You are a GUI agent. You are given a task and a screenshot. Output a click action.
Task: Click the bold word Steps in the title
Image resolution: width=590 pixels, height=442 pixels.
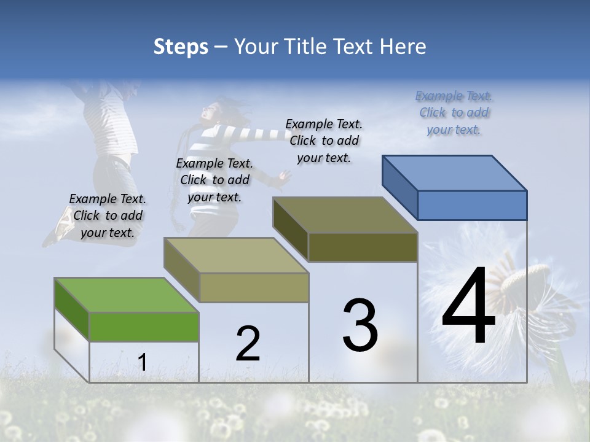coord(181,47)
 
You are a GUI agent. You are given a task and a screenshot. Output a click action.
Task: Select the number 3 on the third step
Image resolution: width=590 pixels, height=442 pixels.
coord(360,325)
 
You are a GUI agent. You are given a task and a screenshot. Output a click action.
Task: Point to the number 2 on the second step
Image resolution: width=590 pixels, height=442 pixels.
coord(248,344)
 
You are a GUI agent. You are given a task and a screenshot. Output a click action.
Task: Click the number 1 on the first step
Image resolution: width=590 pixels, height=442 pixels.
coord(142,362)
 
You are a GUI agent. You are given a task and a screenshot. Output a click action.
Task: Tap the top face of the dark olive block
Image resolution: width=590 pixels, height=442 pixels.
coord(345,215)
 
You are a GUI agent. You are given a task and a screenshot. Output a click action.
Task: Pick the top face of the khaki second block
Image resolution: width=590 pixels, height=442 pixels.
coord(236,255)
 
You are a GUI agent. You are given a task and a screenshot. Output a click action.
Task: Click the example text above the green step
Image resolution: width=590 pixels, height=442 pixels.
coord(108,215)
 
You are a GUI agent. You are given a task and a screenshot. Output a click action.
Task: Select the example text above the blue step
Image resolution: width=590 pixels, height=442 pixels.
coord(454,112)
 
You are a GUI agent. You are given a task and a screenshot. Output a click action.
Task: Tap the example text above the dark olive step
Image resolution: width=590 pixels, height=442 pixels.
coord(324,141)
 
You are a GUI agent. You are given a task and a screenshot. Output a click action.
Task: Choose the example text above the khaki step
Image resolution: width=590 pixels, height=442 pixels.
coord(214,180)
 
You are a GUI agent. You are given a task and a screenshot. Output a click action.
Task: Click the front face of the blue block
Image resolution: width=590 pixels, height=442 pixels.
coord(472,205)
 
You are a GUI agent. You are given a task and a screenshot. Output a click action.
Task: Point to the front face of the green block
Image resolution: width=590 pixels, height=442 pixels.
coord(144,327)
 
